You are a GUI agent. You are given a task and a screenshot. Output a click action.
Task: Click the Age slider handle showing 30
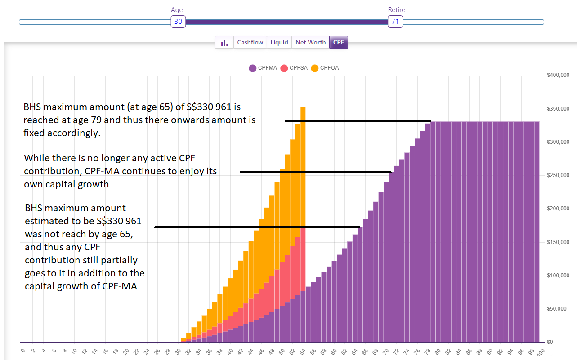pyautogui.click(x=178, y=22)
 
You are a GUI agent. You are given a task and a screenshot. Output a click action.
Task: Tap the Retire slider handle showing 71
pyautogui.click(x=395, y=22)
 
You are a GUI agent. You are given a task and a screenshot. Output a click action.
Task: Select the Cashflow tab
pyautogui.click(x=250, y=42)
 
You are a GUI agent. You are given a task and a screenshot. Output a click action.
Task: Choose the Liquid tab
pyautogui.click(x=279, y=42)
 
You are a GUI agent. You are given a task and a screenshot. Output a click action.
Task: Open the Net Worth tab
pyautogui.click(x=310, y=42)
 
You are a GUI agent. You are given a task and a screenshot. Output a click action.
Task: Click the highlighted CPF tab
pyautogui.click(x=339, y=42)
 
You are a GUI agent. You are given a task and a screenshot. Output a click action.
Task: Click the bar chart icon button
pyautogui.click(x=224, y=43)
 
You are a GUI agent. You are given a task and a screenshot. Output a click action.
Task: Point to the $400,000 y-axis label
pyautogui.click(x=559, y=75)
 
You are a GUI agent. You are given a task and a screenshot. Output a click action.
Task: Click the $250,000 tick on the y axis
pyautogui.click(x=559, y=175)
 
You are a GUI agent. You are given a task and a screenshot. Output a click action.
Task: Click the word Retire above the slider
pyautogui.click(x=396, y=10)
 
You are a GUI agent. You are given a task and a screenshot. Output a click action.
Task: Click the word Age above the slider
pyautogui.click(x=177, y=10)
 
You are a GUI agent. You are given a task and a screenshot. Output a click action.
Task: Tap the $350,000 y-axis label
pyautogui.click(x=559, y=109)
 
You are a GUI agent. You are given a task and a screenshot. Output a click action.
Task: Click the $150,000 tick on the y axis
pyautogui.click(x=559, y=242)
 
